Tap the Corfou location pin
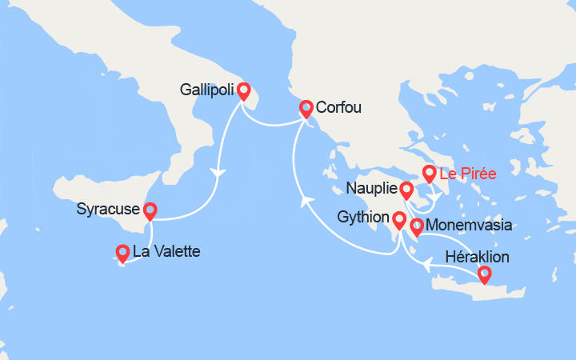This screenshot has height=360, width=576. (x=306, y=108)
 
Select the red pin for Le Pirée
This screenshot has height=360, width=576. (x=429, y=173)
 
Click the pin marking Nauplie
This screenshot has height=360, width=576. (x=406, y=190)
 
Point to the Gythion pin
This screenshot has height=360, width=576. (x=399, y=218)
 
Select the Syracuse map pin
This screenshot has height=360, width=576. (x=149, y=211)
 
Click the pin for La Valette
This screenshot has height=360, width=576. (x=123, y=253)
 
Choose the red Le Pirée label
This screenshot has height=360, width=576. (x=468, y=172)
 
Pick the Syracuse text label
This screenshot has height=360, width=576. (x=108, y=210)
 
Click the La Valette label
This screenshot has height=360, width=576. (x=166, y=251)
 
